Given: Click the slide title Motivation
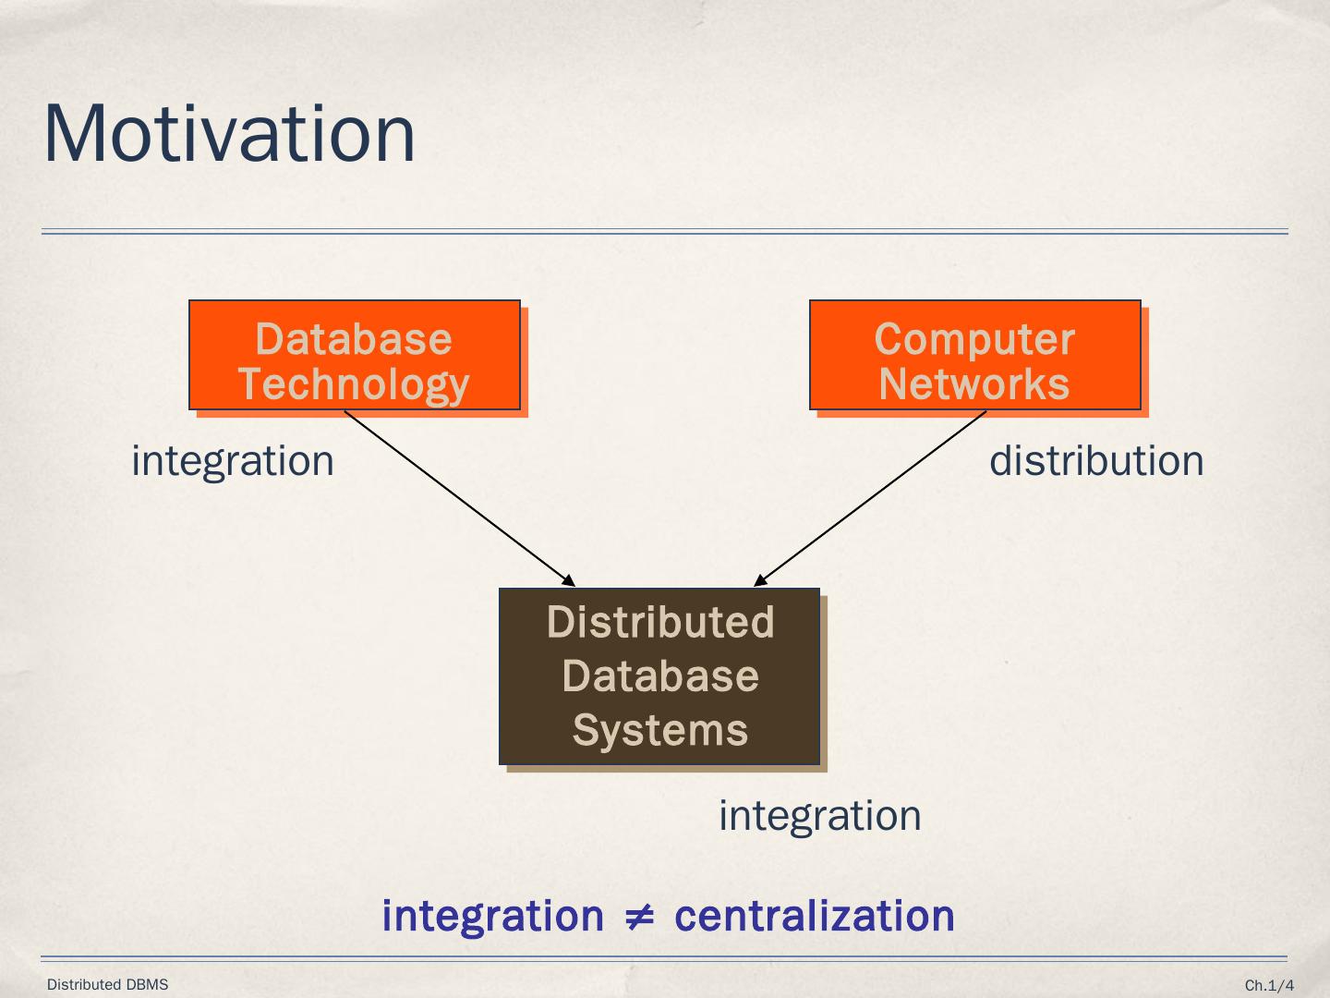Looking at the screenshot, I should (229, 134).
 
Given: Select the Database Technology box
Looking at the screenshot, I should (355, 355).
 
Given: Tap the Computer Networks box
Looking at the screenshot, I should (974, 355).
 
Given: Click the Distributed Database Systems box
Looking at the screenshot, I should (659, 676).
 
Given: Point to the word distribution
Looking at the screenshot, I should (1096, 461).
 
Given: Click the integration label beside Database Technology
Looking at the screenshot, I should (233, 461).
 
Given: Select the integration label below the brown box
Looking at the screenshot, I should (820, 816).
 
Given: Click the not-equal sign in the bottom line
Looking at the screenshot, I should (639, 917).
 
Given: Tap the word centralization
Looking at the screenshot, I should (815, 916).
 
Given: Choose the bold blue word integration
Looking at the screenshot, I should (492, 916).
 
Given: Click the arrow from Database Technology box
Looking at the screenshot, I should (459, 498).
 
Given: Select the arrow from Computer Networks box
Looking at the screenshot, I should (870, 498).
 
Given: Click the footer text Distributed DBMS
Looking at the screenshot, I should (108, 984).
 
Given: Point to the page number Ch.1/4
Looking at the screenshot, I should (1269, 985).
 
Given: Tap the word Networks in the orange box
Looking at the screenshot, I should (974, 383).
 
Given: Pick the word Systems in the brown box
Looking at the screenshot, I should (659, 730).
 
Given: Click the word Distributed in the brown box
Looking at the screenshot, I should (659, 622).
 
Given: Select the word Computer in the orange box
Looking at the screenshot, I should (974, 339).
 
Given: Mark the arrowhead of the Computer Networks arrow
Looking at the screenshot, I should (758, 581).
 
